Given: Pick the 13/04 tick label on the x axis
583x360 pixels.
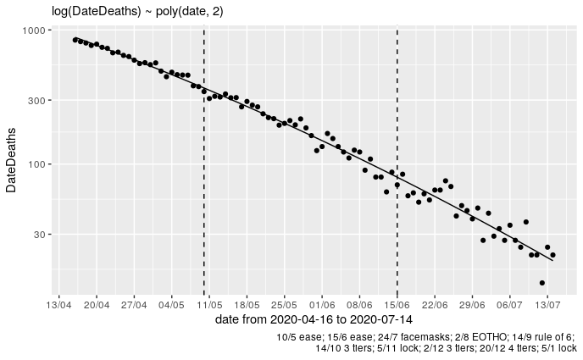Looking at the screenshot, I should click(x=59, y=302).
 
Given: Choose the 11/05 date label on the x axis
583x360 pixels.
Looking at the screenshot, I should click(x=209, y=302).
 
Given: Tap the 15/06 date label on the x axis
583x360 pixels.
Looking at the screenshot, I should click(x=397, y=302).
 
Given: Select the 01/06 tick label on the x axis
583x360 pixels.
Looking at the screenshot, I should click(x=322, y=302).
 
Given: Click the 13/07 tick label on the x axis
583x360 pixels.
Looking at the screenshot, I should click(x=547, y=302).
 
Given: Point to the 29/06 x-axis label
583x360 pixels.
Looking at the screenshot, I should click(x=472, y=302).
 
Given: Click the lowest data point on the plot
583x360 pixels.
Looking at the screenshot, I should click(x=541, y=283).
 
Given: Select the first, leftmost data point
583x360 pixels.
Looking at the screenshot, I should click(x=75, y=39).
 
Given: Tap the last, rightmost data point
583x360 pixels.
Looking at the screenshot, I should click(x=552, y=255).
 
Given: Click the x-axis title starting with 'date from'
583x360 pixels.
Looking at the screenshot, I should click(x=314, y=319).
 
